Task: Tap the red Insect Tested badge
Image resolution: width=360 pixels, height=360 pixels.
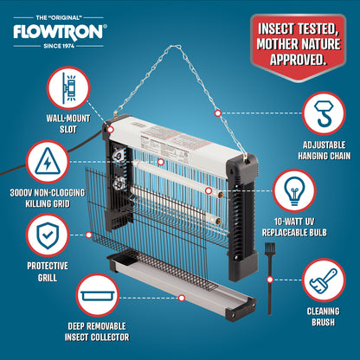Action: [x=299, y=47]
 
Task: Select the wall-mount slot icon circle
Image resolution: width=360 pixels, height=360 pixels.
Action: [x=68, y=88]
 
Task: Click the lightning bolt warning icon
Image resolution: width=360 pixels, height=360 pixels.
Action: [x=48, y=162]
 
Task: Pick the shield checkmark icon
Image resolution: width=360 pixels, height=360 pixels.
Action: [x=48, y=235]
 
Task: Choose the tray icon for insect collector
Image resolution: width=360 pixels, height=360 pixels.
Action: [x=98, y=295]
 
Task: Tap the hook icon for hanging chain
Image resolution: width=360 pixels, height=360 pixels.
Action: [x=324, y=113]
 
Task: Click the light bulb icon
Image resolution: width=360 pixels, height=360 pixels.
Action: [x=294, y=190]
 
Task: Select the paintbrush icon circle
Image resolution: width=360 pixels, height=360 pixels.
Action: [x=324, y=280]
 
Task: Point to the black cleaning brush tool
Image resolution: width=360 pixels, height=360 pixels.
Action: [x=270, y=279]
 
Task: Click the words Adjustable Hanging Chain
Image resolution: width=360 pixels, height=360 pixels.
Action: [x=324, y=151]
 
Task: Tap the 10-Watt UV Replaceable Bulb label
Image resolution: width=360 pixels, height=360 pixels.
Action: [x=294, y=228]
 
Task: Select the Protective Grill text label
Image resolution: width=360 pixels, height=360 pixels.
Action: [x=48, y=272]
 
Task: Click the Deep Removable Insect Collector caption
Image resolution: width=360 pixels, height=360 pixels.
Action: [x=97, y=331]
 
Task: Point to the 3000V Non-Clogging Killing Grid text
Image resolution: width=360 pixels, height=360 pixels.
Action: [x=48, y=198]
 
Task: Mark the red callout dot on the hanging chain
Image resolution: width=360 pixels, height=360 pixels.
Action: [x=218, y=113]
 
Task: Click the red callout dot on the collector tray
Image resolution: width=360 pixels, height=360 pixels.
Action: [x=182, y=298]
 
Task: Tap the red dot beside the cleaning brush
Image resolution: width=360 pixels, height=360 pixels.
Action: [x=270, y=280]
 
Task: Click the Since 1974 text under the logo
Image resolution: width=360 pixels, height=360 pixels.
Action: [x=59, y=46]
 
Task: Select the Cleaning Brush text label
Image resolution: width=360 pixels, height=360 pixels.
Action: [x=323, y=317]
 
